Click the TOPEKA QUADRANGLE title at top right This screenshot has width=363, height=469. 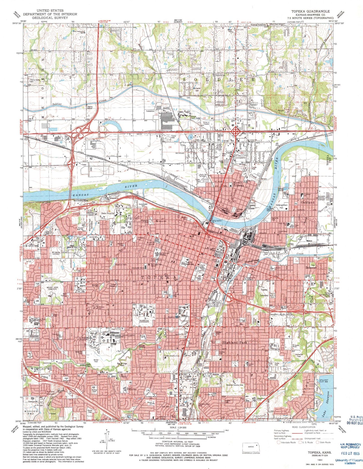pyautogui.click(x=310, y=11)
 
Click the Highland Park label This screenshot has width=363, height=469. pyautogui.click(x=235, y=342)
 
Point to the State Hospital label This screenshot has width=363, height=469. pyautogui.click(x=108, y=213)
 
